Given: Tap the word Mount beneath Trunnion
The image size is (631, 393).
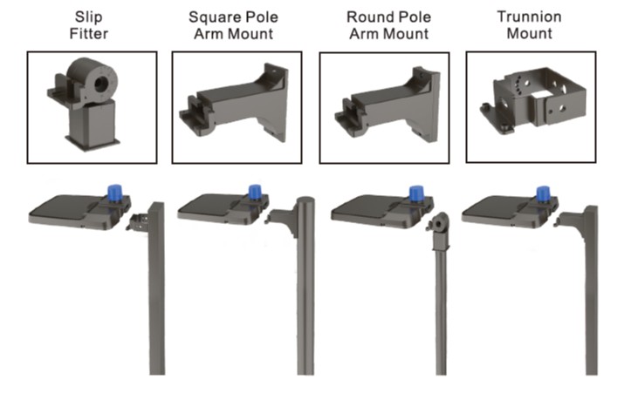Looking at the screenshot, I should point(530,34).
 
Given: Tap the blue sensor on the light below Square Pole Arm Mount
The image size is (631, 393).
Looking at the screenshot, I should point(255,193).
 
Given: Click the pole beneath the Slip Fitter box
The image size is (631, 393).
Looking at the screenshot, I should point(156,296).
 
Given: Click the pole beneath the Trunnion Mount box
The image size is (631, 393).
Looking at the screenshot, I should point(591,296).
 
